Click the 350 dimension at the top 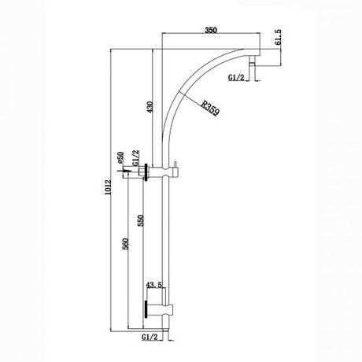click(209, 28)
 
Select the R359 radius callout click(209, 106)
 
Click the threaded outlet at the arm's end click(253, 72)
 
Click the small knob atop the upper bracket click(175, 163)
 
